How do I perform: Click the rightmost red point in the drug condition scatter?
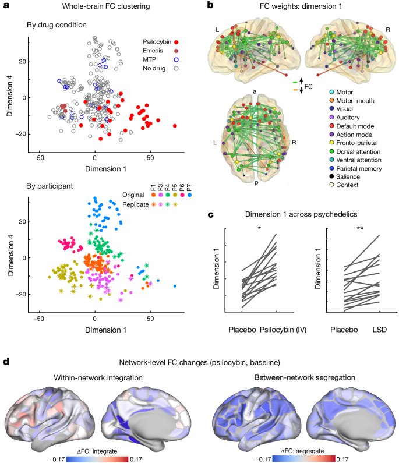coord(175,126)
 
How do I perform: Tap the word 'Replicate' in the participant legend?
coord(137,204)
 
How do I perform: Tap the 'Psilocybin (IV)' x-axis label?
coord(283,330)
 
